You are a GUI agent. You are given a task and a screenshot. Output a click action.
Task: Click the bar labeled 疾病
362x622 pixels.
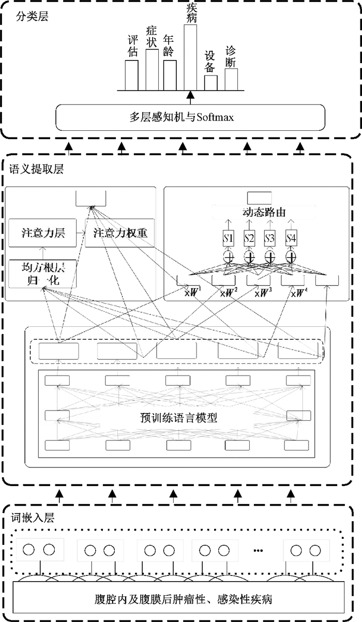click(x=190, y=57)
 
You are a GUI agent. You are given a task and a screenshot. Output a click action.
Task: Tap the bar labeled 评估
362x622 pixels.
click(x=132, y=75)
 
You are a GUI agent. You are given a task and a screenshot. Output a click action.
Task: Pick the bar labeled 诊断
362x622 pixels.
click(x=231, y=79)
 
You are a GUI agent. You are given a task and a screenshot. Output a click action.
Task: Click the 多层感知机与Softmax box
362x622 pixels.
click(x=190, y=117)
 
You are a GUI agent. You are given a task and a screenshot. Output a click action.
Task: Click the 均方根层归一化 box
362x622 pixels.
click(x=43, y=274)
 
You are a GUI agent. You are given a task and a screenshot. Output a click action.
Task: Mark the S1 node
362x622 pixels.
click(x=229, y=239)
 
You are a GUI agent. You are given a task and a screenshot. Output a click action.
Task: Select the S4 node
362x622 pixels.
click(x=291, y=239)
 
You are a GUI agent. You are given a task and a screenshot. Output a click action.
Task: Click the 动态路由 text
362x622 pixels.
click(x=264, y=212)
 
